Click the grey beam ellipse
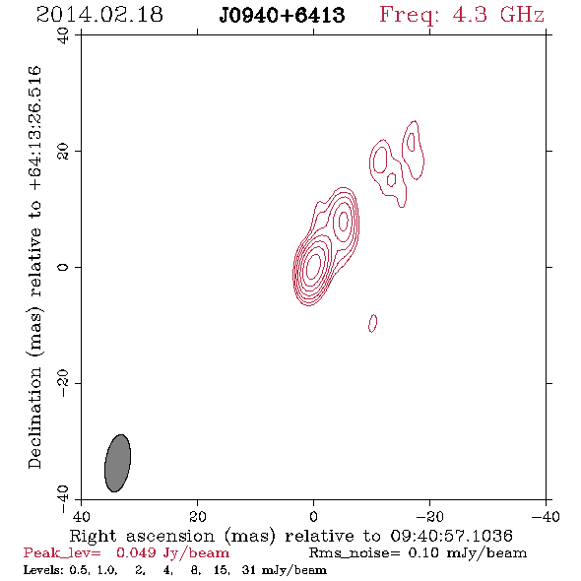117,463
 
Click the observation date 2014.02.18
99,15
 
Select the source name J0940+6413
282,15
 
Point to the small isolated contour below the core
373,323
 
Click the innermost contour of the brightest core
313,266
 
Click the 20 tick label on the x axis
197,517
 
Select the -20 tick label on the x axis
429,517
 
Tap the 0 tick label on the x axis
313,517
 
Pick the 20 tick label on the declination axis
63,152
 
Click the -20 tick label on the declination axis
63,383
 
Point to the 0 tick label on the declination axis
63,267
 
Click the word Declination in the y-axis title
34,418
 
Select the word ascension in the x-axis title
170,536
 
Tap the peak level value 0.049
136,552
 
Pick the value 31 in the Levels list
248,569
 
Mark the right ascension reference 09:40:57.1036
451,536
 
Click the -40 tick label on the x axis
546,517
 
